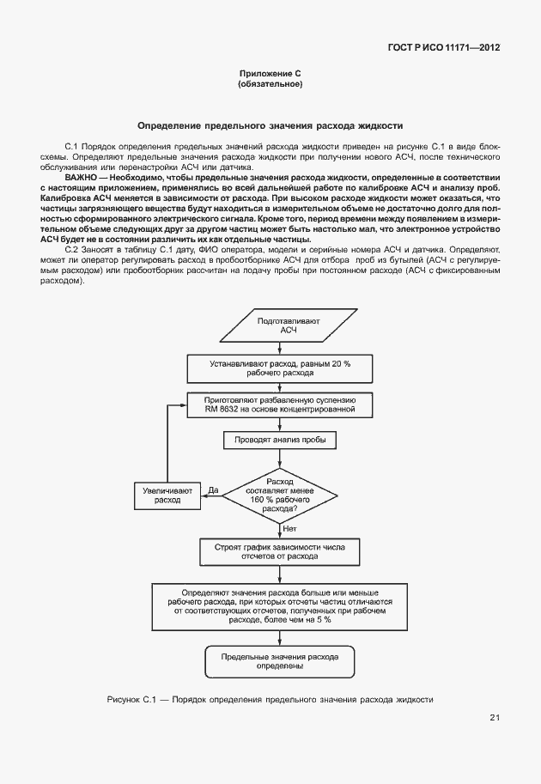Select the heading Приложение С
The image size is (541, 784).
(x=270, y=75)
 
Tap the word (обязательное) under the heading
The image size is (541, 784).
(x=270, y=85)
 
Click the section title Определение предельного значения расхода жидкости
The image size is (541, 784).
(x=270, y=125)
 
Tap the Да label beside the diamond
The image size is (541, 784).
(x=213, y=490)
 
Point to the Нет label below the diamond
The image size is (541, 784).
(x=289, y=528)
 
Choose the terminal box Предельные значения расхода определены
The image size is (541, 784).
(x=277, y=660)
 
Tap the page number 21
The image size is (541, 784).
(x=495, y=718)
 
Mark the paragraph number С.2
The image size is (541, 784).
(x=72, y=249)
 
